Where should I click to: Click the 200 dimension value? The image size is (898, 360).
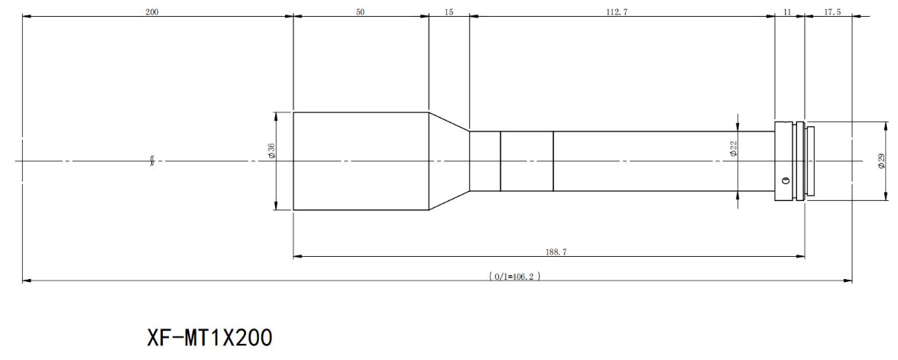152,11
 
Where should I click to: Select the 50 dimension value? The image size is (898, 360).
360,11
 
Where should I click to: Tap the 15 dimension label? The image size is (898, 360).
449,11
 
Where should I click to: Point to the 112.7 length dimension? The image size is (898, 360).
617,11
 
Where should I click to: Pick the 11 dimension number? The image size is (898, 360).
787,11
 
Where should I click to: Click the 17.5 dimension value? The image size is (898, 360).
833,11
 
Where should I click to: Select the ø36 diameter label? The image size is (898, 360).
271,151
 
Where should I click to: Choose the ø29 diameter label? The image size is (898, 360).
882,161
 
